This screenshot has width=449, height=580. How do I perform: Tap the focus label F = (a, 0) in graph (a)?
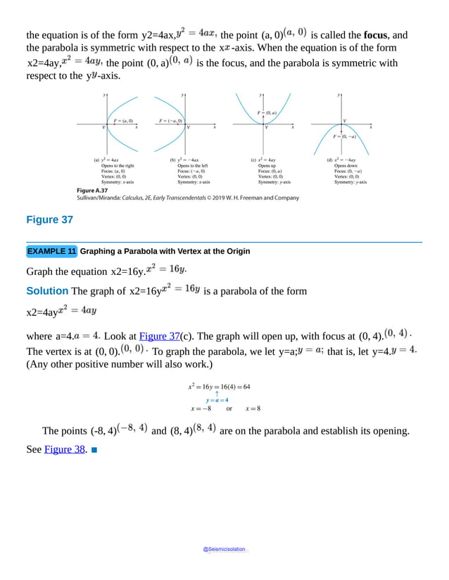tap(123, 121)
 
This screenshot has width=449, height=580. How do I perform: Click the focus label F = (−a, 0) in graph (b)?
tap(171, 121)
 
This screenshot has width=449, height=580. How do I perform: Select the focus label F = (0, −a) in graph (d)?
tap(344, 136)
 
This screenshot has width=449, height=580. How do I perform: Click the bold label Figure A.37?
tap(91, 190)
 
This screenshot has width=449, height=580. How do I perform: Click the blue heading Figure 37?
tap(49, 220)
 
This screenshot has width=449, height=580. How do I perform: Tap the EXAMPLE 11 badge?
tap(51, 251)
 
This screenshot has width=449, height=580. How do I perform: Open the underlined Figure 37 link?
tap(159, 336)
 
